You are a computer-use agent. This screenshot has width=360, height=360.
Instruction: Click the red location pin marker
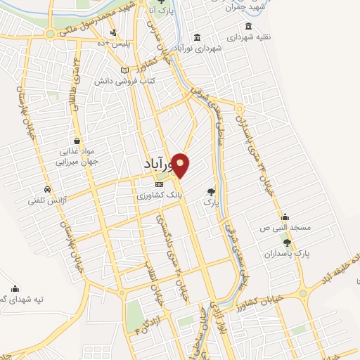pyautogui.click(x=181, y=165)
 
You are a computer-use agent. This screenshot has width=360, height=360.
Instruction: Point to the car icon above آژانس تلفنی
pyautogui.click(x=47, y=190)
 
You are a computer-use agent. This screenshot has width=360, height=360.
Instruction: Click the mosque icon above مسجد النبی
pyautogui.click(x=285, y=217)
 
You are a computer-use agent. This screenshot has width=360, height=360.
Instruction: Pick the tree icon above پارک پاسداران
pyautogui.click(x=286, y=242)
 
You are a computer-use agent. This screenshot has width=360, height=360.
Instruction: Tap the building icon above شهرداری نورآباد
pyautogui.click(x=196, y=37)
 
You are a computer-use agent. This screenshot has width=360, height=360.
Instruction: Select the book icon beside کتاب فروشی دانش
pyautogui.click(x=125, y=70)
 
